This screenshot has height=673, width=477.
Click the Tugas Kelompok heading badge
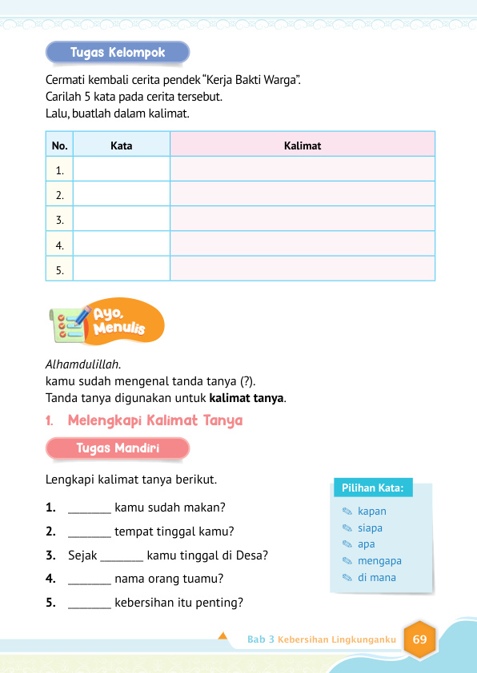pos(118,53)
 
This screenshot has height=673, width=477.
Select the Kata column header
pos(121,145)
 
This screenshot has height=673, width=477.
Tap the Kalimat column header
pos(302,145)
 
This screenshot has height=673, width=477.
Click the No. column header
pos(59,145)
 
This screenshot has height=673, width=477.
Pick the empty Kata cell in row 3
pos(121,219)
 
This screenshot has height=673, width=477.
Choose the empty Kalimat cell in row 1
pos(302,169)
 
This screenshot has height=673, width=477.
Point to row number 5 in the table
pos(59,270)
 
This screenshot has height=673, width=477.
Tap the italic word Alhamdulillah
pos(79,364)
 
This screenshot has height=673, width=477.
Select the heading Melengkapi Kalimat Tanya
pos(154,420)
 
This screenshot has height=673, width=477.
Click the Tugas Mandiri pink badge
pos(118,449)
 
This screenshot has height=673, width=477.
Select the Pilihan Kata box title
pos(371,488)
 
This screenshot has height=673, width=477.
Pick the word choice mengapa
pos(379,561)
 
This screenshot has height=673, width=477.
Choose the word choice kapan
pos(372,512)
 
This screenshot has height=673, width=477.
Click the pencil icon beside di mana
pos(346,578)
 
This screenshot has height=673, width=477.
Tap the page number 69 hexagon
pos(420,639)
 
